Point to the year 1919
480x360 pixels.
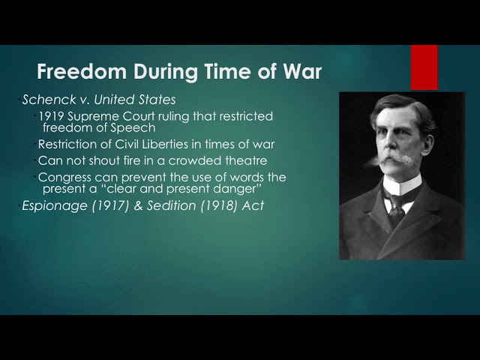pyautogui.click(x=52, y=116)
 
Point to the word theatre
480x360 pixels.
pyautogui.click(x=244, y=160)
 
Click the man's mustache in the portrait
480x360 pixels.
pyautogui.click(x=398, y=159)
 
